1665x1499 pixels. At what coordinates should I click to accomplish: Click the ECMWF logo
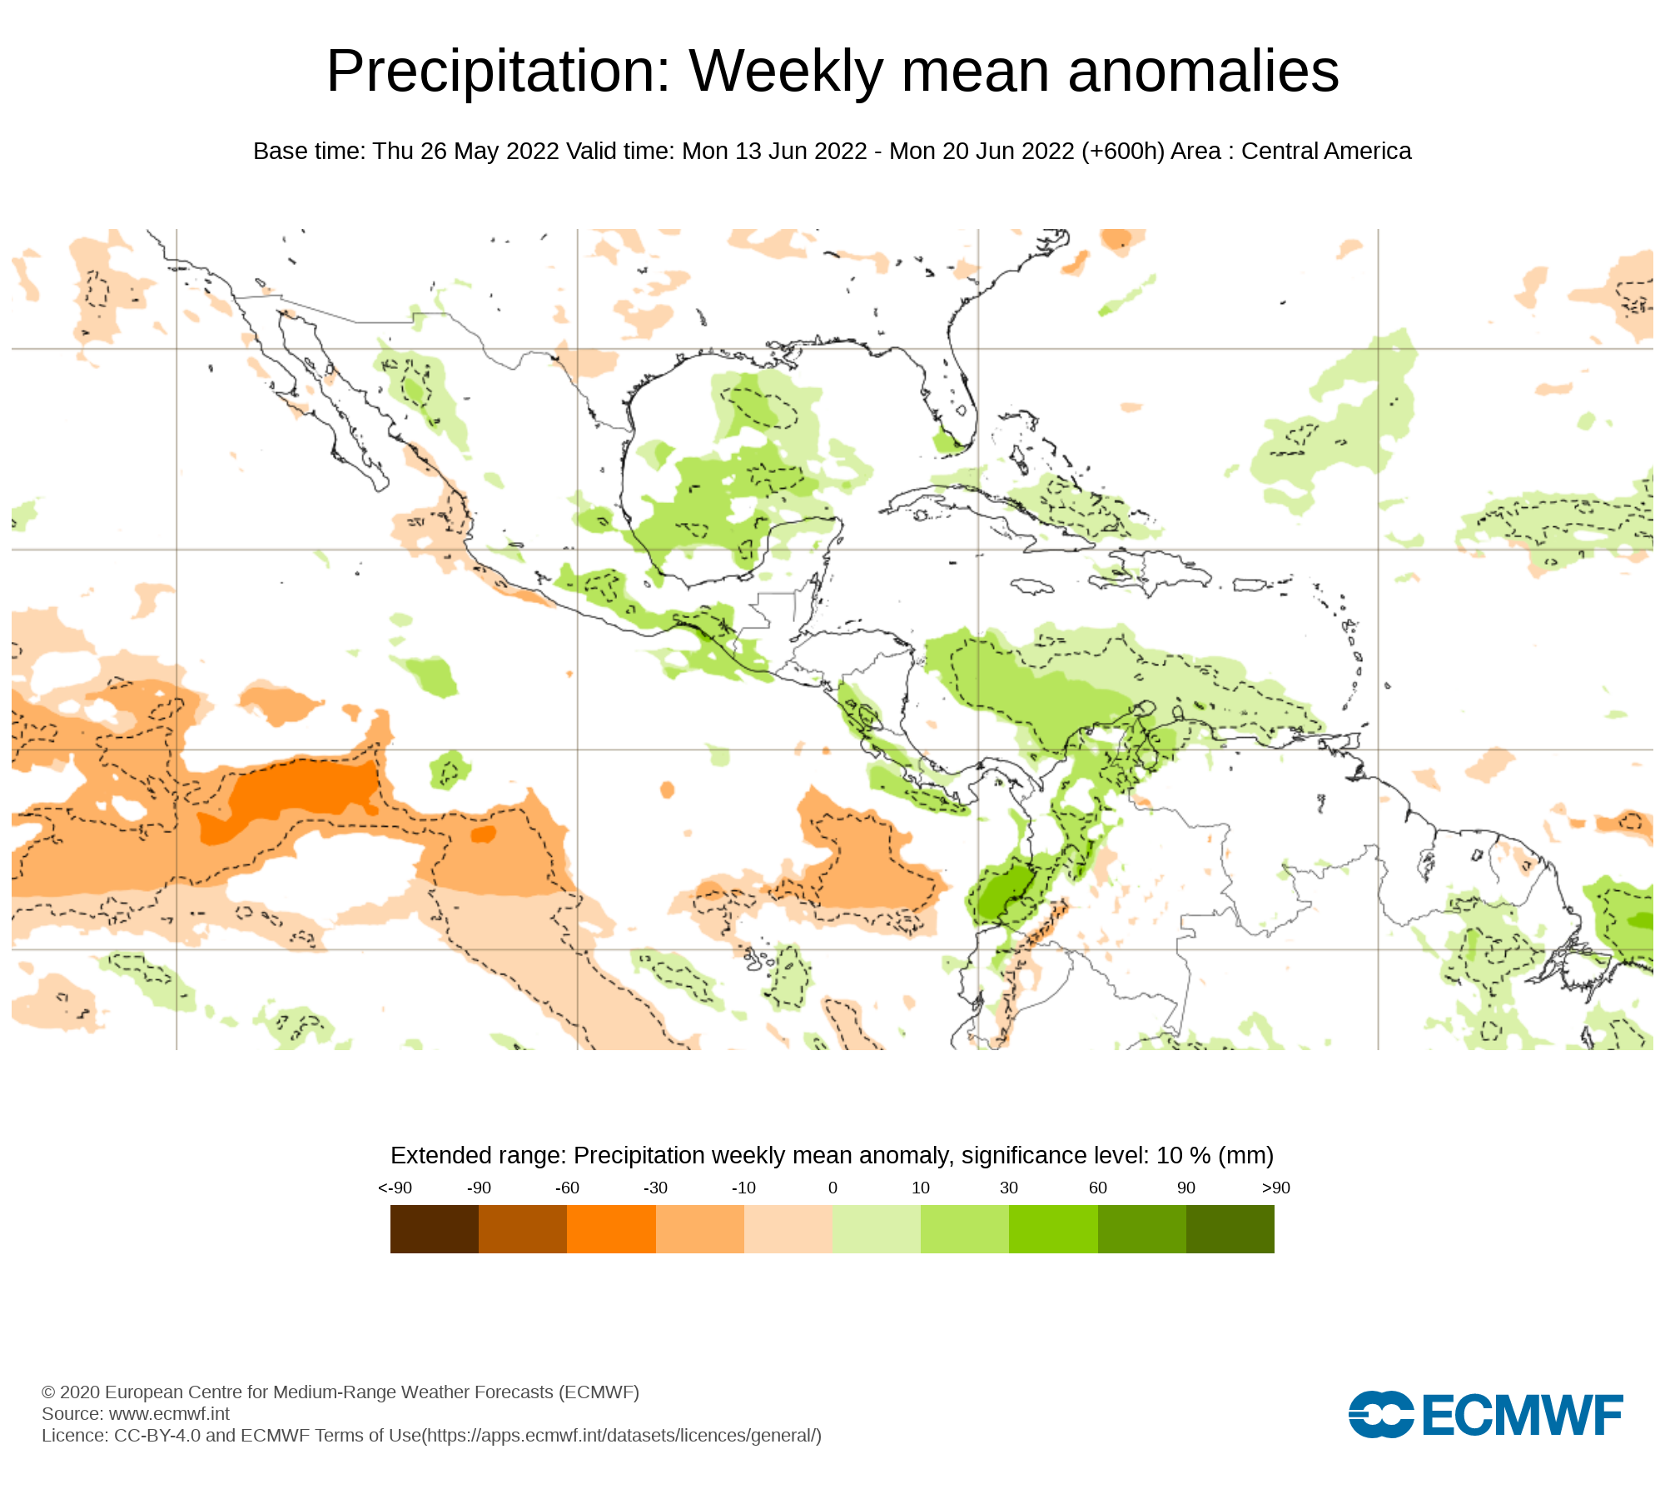pos(1485,1414)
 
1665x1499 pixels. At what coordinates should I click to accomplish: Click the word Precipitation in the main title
pos(498,72)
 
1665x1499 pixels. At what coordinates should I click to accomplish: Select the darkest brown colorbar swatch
pos(434,1228)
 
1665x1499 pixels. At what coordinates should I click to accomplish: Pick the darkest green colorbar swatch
pos(1230,1228)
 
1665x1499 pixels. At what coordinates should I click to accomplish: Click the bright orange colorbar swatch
pos(611,1228)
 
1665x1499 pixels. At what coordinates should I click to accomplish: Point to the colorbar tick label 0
pos(832,1188)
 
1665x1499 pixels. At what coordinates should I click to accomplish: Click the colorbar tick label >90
pos(1275,1188)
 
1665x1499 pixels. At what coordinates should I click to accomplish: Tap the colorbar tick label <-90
pos(395,1188)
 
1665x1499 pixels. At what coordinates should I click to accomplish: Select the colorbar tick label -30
pos(655,1188)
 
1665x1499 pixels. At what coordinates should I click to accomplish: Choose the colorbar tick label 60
pos(1098,1188)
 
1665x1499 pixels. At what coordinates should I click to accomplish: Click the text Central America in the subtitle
pos(1326,152)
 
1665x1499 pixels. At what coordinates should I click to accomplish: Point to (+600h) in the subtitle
pos(1122,152)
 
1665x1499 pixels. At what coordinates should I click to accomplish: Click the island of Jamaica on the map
pos(1031,587)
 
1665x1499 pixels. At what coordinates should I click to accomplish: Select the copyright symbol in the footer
pos(48,1392)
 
